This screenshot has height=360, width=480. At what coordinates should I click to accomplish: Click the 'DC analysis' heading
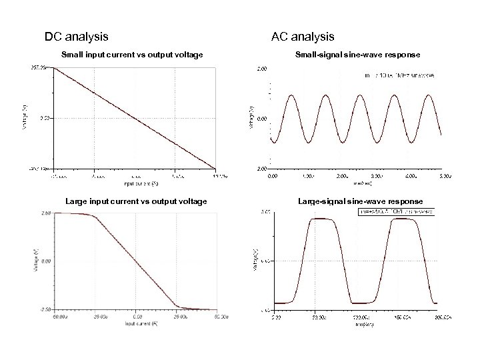click(77, 36)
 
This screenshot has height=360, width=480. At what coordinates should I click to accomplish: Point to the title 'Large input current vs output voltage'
click(135, 201)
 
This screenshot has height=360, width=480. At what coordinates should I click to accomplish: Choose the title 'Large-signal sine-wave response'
click(360, 201)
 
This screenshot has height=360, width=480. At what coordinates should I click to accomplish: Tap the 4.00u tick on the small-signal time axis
click(409, 177)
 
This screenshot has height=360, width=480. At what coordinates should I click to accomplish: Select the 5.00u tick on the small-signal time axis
click(443, 177)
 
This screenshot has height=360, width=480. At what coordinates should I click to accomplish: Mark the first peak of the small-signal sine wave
click(291, 95)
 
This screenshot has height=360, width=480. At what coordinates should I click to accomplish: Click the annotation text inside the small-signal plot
click(399, 75)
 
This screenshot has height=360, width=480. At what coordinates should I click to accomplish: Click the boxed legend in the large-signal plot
click(398, 212)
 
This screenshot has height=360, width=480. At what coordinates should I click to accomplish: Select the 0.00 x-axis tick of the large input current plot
click(136, 317)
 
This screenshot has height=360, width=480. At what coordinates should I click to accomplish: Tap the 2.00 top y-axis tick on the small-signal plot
click(262, 68)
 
